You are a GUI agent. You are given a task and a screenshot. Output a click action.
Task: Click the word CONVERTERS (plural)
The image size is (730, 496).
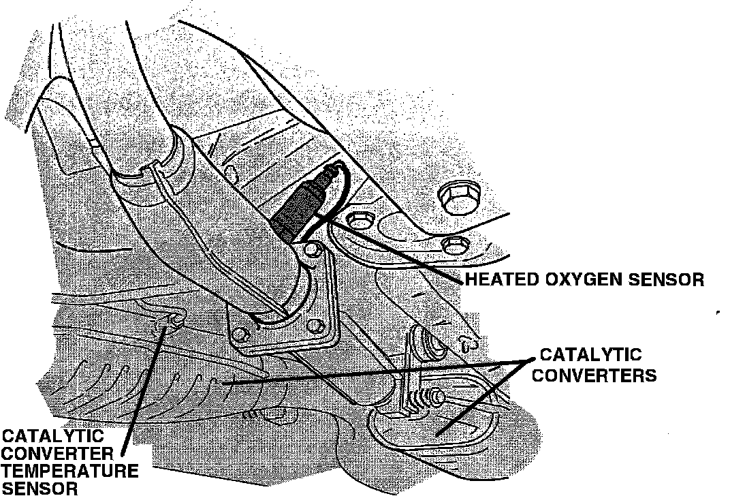pyautogui.click(x=594, y=375)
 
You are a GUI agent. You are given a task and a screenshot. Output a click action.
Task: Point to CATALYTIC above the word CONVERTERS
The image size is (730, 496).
pyautogui.click(x=590, y=355)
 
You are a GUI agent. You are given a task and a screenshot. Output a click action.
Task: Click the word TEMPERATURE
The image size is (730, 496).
pyautogui.click(x=70, y=470)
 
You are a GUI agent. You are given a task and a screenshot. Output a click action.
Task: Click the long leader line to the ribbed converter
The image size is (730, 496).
pyautogui.click(x=375, y=373)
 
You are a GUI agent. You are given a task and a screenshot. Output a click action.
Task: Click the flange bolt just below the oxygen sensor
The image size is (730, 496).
pyautogui.click(x=311, y=254)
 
